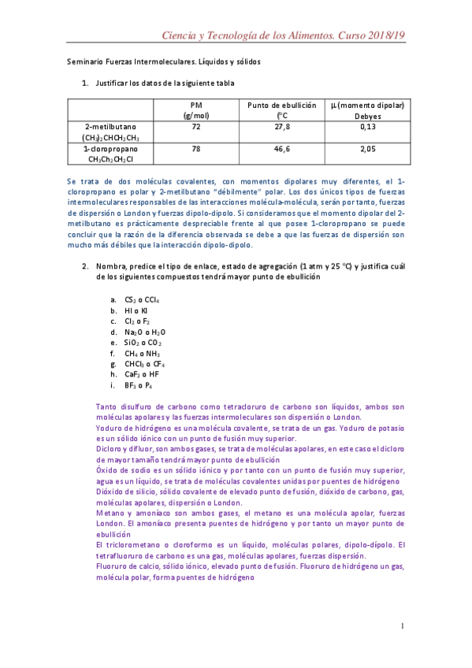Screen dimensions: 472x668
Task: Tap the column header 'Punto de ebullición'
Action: [x=281, y=105]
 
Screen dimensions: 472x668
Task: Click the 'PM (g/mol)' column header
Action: [x=196, y=109]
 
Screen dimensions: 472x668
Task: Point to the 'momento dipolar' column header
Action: [x=367, y=105]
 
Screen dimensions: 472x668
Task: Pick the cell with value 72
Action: [x=196, y=126]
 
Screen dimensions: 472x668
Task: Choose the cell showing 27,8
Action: [x=281, y=126]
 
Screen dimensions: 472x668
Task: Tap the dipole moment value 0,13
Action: [x=367, y=126]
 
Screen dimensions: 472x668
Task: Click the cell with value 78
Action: [x=196, y=148]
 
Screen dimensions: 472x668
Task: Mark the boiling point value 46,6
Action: [x=281, y=148]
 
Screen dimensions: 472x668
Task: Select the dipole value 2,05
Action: [x=367, y=148]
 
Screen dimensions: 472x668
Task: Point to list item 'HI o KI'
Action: [x=136, y=310]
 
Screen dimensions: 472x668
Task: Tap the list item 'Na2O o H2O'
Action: [x=144, y=332]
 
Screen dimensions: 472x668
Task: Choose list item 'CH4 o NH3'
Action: [x=142, y=354]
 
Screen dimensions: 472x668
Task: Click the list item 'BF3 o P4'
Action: [x=139, y=386]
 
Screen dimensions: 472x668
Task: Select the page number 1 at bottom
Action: [x=402, y=625]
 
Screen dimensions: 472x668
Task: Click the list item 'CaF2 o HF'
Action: [x=142, y=375]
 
